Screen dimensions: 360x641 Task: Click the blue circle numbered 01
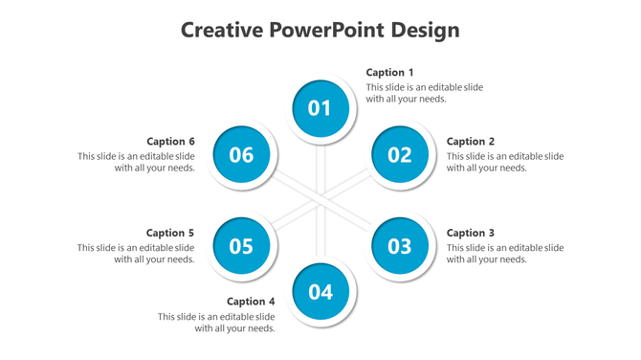tap(320, 108)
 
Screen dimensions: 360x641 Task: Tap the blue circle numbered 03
tap(399, 246)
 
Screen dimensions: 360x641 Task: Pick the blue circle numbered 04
tap(320, 292)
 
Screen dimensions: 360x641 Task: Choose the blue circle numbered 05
tap(241, 246)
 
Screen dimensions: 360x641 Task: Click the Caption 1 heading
tap(390, 73)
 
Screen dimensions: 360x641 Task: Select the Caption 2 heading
tap(471, 142)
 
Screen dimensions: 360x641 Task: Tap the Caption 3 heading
tap(471, 233)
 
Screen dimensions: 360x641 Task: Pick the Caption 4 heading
tap(251, 302)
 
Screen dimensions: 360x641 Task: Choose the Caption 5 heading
tap(170, 233)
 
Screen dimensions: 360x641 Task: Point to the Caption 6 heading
tap(170, 142)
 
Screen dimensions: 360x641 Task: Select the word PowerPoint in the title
tap(327, 31)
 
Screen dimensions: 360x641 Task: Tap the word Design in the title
tap(425, 31)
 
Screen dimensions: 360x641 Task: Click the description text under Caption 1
tap(424, 93)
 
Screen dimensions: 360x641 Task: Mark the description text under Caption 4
tap(217, 323)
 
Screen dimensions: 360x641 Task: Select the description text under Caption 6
tap(137, 162)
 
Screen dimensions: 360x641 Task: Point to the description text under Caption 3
tap(504, 254)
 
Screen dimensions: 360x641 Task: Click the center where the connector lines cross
tap(320, 200)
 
